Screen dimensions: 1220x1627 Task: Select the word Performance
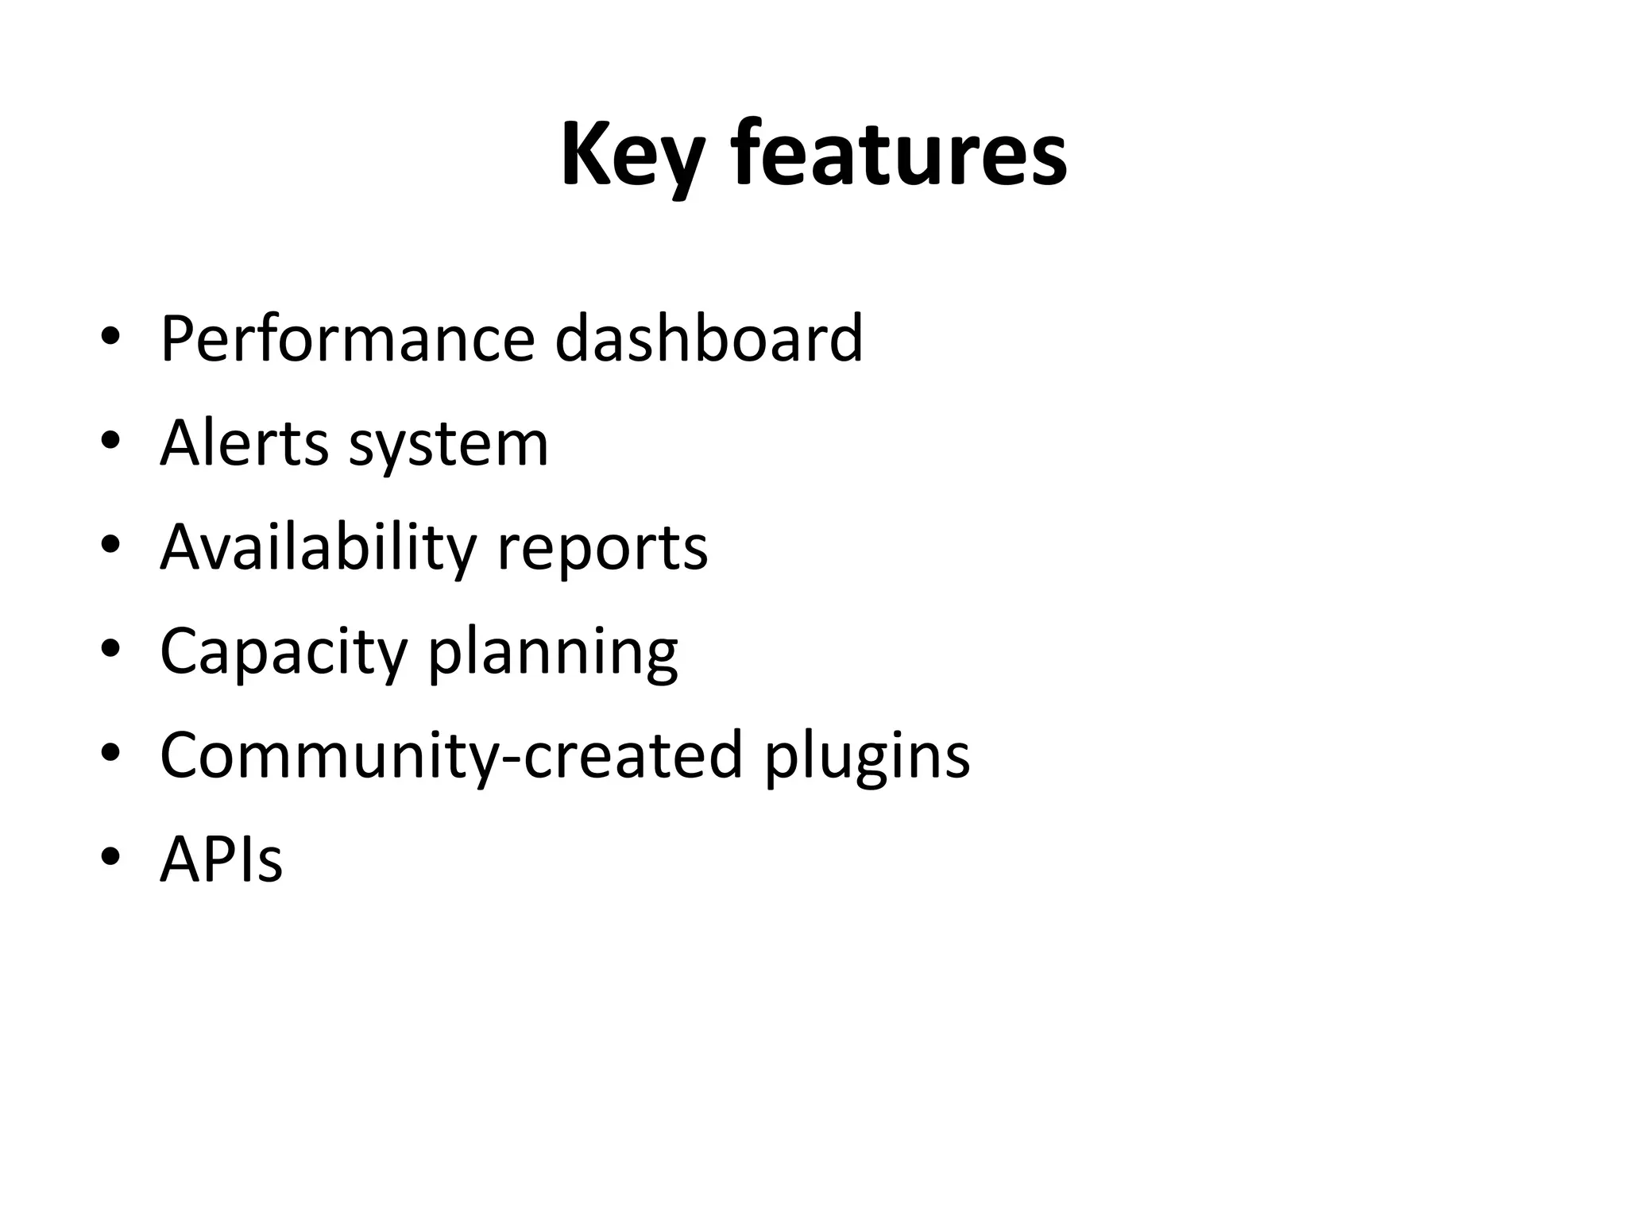tap(347, 339)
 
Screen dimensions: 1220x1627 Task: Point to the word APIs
tap(221, 859)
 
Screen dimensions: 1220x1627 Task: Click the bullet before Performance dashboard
tap(110, 336)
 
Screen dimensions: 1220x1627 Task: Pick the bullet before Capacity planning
tap(110, 647)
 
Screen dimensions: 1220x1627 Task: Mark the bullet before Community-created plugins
tap(110, 751)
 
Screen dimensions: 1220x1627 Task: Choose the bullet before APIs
tap(110, 855)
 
